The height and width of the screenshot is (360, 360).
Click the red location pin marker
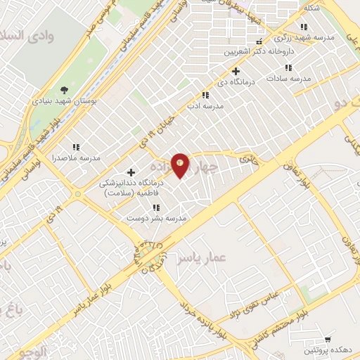coord(181,165)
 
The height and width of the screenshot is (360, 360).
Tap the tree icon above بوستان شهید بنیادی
coord(64,89)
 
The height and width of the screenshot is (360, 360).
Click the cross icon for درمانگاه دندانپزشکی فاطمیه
coord(131,172)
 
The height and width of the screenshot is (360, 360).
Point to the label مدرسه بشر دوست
coord(156,218)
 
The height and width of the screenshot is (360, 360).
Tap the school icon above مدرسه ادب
coord(205,95)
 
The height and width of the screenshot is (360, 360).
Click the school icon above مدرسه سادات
coord(288,68)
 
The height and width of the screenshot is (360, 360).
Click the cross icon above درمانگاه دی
coord(236,71)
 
